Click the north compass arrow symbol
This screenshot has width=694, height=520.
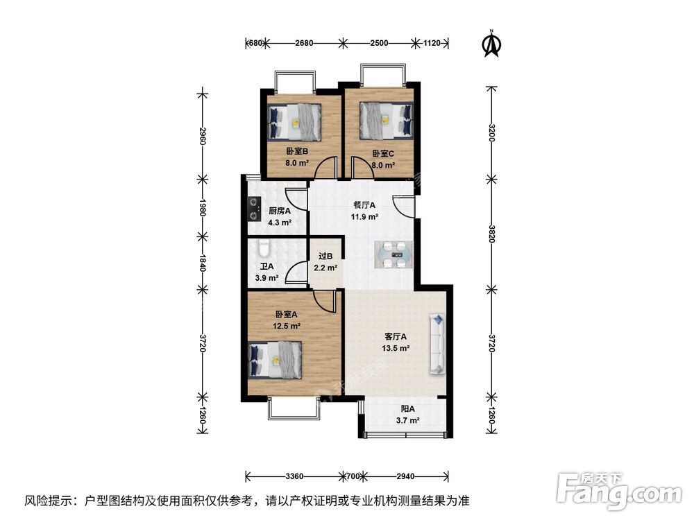tap(491, 44)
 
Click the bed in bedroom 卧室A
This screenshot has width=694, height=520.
tap(275, 360)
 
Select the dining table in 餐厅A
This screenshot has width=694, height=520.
tap(395, 254)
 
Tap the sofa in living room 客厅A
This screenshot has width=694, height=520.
tap(438, 344)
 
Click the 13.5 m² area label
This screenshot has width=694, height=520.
tap(395, 349)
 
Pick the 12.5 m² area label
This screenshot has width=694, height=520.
tap(285, 326)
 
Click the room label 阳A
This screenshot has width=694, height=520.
tap(408, 409)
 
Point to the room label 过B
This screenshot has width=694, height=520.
tap(325, 256)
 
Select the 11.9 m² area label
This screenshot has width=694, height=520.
tap(364, 216)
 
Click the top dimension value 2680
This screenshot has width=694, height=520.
tap(304, 43)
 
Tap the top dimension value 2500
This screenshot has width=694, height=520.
tap(378, 43)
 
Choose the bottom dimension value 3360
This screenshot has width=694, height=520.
tap(294, 476)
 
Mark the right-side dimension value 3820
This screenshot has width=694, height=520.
tap(491, 232)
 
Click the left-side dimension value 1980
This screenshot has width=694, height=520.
tap(203, 209)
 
